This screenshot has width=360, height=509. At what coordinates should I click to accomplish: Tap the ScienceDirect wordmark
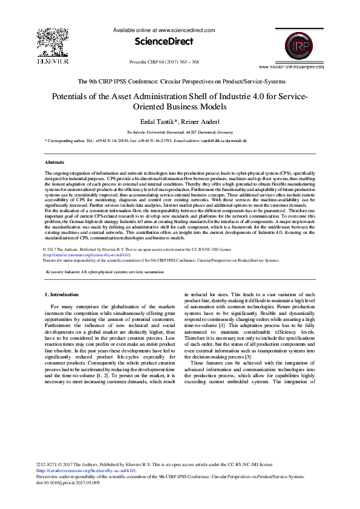(164, 42)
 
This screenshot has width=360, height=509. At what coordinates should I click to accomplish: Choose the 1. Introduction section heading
(62, 294)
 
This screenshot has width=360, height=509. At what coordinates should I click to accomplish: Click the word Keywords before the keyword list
(56, 272)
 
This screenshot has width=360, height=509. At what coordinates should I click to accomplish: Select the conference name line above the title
(180, 80)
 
